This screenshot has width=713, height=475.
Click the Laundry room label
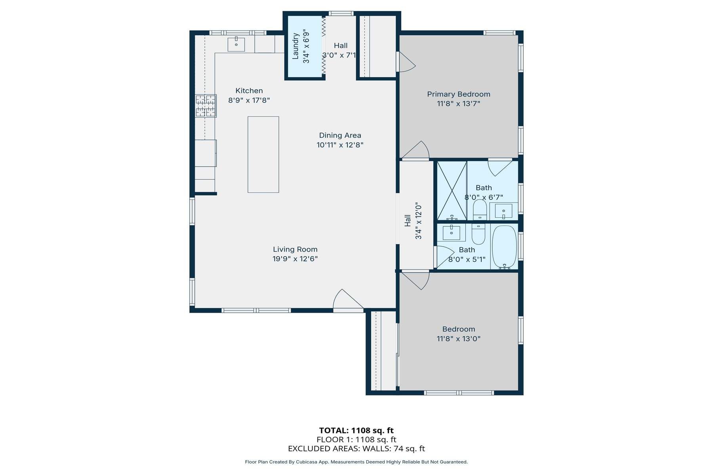pos(295,46)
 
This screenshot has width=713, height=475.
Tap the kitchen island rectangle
pos(263,154)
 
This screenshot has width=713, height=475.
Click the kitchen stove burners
pos(206,106)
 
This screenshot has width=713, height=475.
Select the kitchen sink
pos(236,44)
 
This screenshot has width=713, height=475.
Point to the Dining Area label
pos(340,135)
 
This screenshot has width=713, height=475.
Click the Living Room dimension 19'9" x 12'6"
pos(295,259)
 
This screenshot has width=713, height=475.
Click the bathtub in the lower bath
pos(504,247)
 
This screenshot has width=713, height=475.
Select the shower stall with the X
pos(452,190)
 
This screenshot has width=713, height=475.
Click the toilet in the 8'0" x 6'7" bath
pos(480,209)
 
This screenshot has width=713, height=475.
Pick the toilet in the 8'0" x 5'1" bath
pos(479,235)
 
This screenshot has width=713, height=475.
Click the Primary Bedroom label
pos(458,94)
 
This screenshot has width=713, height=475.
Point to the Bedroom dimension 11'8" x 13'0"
pos(458,339)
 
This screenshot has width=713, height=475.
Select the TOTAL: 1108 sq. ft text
pos(356,430)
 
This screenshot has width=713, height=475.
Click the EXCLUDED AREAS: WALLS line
pos(356,448)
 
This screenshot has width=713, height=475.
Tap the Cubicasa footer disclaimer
pos(356,462)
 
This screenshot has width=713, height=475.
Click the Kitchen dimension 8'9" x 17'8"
pos(249,101)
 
